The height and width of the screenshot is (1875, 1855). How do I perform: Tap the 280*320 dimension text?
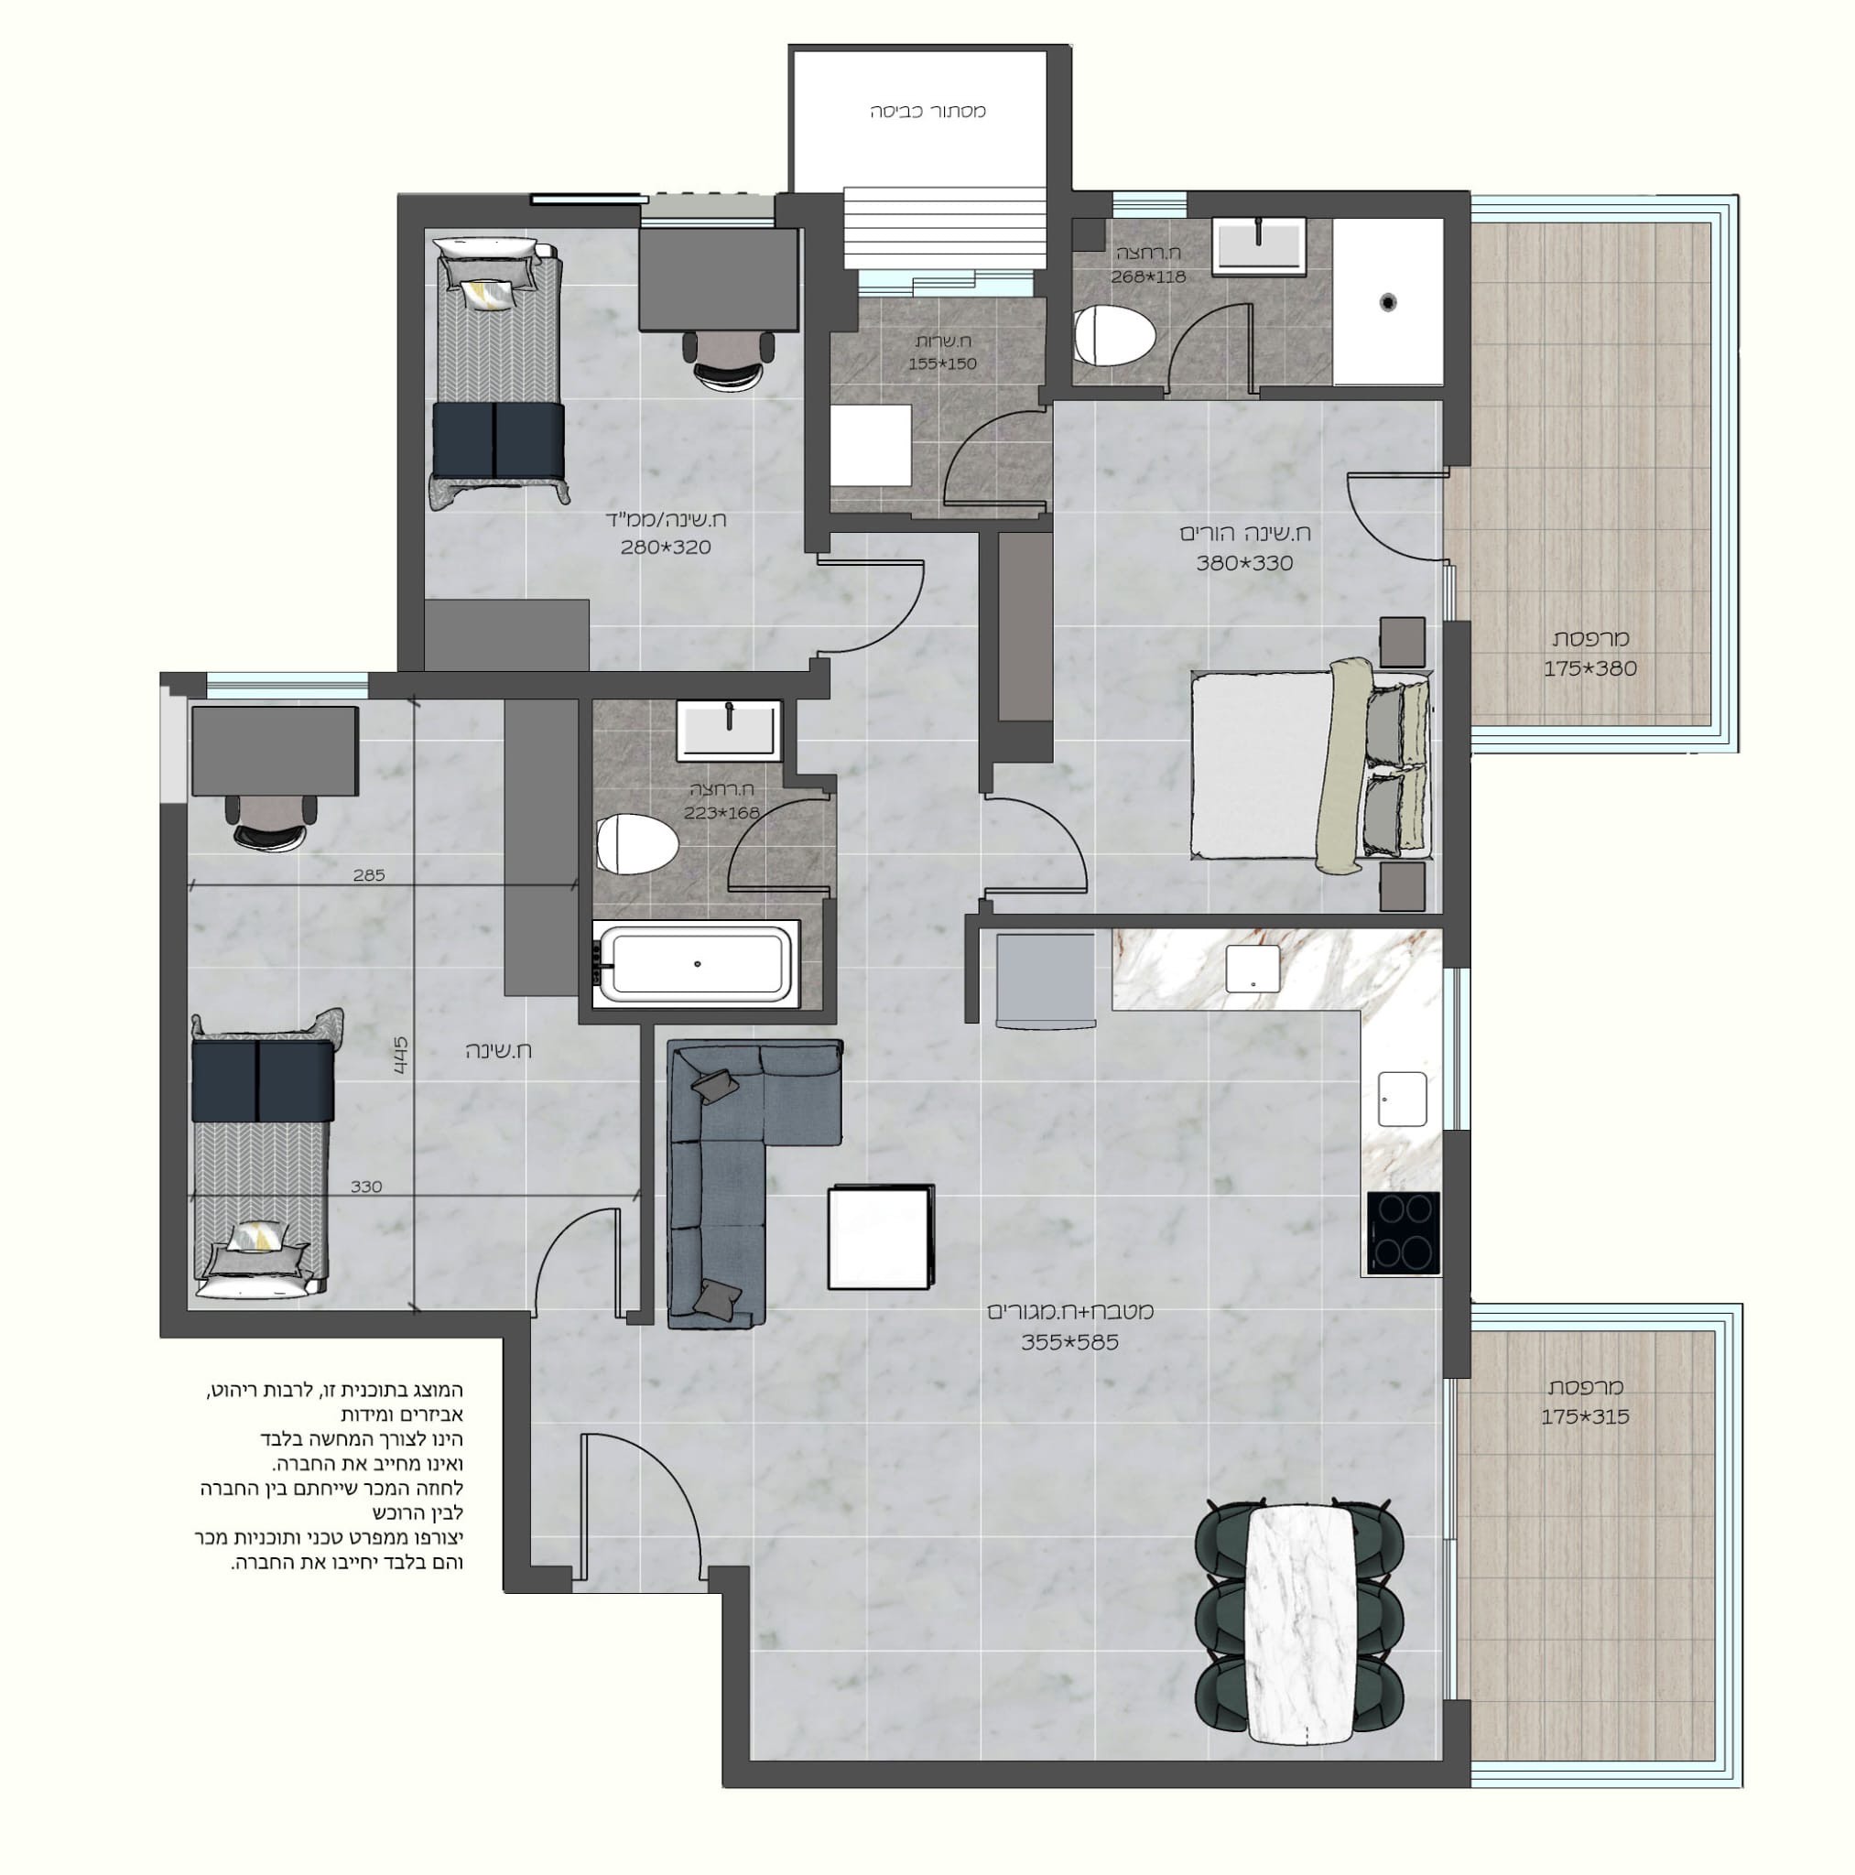tap(665, 547)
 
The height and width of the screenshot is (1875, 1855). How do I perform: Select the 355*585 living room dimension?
tap(1069, 1343)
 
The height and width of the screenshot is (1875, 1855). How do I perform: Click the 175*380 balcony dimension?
tap(1590, 668)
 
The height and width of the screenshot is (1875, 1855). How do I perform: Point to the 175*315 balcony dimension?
tap(1585, 1417)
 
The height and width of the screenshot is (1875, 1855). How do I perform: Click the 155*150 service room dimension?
tap(942, 364)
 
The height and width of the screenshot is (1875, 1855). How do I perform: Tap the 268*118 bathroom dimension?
tap(1148, 276)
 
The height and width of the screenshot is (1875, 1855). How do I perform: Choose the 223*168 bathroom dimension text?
tap(721, 813)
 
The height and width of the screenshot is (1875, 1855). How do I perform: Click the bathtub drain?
tap(697, 964)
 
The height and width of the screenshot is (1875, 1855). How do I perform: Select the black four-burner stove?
tap(1403, 1231)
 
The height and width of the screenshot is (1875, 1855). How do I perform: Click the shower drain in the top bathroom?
tap(1389, 303)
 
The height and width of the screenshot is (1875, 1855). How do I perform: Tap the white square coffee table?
tap(881, 1238)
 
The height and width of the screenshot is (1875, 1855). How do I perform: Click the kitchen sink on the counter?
tap(1403, 1099)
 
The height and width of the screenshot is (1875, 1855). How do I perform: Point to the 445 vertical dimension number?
tap(401, 1056)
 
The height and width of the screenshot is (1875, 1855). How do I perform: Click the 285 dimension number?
tap(369, 875)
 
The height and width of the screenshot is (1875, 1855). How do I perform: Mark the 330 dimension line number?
tap(366, 1187)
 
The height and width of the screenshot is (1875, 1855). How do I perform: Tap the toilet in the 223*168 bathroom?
tap(635, 844)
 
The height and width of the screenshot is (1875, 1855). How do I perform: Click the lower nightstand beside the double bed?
tap(1402, 886)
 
